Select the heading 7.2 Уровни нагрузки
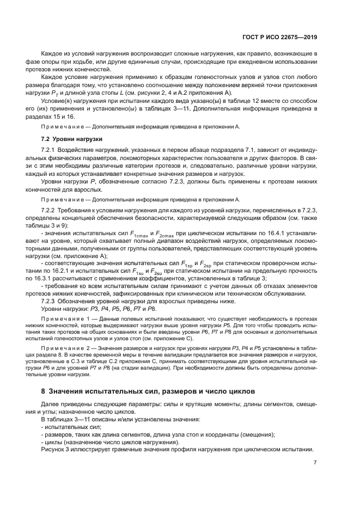click(68, 139)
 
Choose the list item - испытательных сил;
click(68, 427)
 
